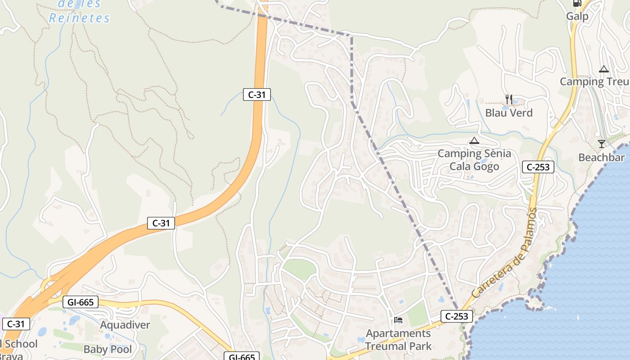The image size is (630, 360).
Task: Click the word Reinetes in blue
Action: [x=79, y=18]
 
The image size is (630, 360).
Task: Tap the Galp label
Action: [x=577, y=17]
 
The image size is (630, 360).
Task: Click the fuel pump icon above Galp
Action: [x=577, y=3]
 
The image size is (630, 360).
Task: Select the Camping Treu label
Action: [x=594, y=81]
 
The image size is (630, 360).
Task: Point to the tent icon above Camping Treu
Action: [x=604, y=69]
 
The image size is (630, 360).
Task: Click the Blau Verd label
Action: [x=509, y=112]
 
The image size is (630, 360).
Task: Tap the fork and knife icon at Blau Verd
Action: [x=509, y=99]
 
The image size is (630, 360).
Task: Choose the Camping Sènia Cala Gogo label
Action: [x=474, y=160]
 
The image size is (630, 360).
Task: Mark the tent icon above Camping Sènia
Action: [x=474, y=141]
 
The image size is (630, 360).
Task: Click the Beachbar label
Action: [x=602, y=157]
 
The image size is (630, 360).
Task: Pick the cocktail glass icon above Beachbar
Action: [x=602, y=144]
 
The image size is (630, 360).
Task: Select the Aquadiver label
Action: [x=125, y=325]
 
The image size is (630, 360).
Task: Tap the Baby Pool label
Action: [x=108, y=349]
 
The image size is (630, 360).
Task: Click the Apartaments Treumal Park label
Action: [x=398, y=340]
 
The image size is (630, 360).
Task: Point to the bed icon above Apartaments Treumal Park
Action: [x=398, y=320]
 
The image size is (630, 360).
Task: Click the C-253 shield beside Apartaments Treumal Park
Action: [x=457, y=316]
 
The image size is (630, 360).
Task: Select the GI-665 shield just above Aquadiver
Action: [x=81, y=302]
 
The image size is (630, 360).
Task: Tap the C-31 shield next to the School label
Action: [x=16, y=324]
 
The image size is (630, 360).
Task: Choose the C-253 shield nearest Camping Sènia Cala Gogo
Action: [x=538, y=167]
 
